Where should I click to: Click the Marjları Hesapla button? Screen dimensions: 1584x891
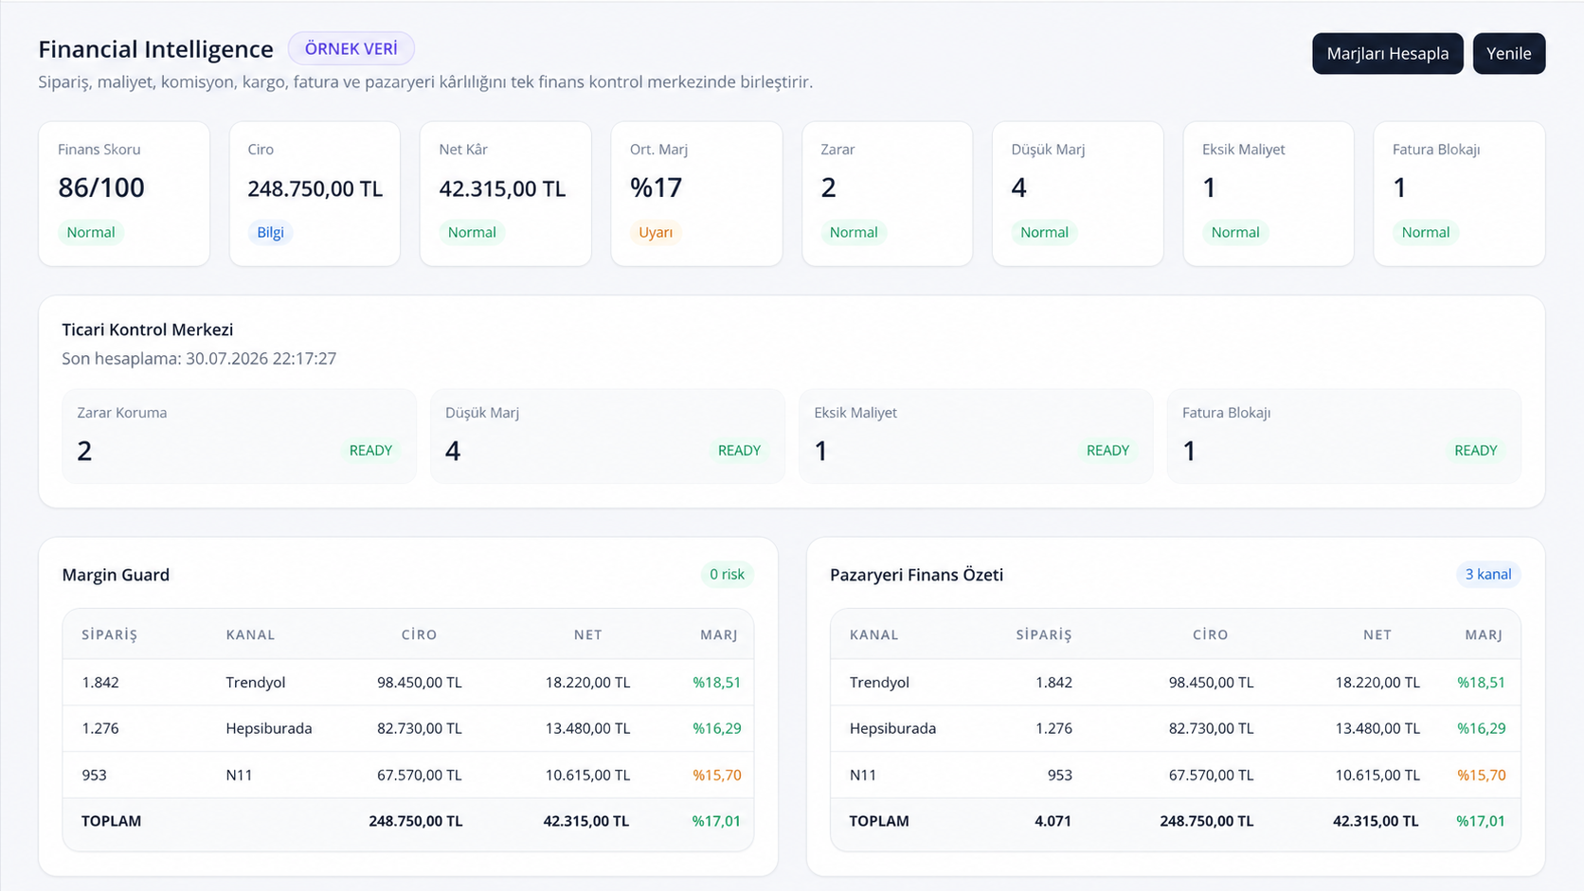pos(1387,54)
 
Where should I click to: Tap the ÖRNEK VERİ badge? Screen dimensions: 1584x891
pos(351,48)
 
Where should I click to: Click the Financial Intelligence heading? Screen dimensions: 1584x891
pos(155,49)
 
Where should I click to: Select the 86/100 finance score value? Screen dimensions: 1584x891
pos(101,187)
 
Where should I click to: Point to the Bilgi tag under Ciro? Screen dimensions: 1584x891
pos(270,233)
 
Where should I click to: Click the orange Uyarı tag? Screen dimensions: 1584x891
pos(656,233)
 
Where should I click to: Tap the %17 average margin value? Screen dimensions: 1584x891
pos(657,187)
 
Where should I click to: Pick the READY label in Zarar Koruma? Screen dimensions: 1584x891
pos(370,451)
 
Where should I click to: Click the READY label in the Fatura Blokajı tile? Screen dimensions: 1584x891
pos(1476,451)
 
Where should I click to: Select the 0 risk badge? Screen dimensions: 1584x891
pos(727,575)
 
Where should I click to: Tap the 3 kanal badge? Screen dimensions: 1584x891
pos(1487,575)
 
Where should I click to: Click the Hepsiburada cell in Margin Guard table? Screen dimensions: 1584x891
pos(269,728)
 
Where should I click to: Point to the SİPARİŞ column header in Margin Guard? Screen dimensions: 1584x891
pos(110,634)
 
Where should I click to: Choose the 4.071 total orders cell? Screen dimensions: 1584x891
pos(1053,821)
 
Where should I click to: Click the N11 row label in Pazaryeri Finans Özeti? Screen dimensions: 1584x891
pos(863,775)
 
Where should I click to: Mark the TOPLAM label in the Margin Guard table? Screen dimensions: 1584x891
pos(111,821)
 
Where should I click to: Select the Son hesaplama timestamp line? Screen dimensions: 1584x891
pos(199,359)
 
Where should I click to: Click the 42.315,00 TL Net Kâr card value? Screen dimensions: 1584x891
pos(502,188)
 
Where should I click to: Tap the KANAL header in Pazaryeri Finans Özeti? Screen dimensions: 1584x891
pos(874,634)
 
